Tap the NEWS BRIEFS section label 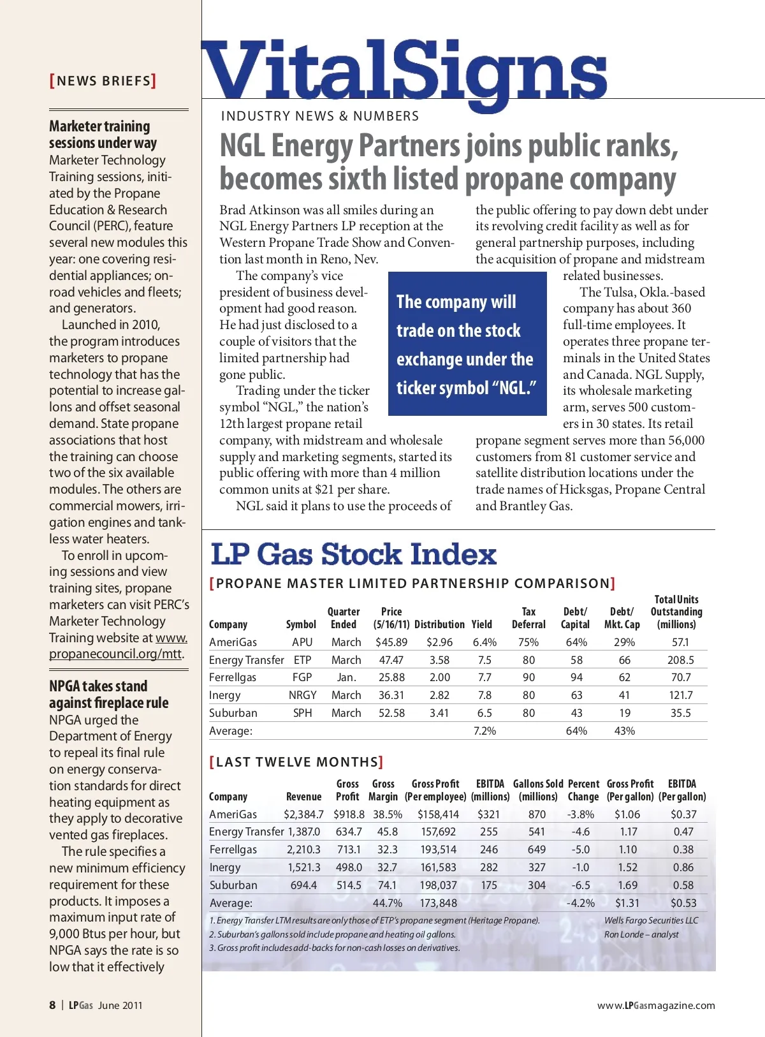point(103,81)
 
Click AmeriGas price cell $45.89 point(391,642)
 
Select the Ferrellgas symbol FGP point(302,677)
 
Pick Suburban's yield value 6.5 point(484,713)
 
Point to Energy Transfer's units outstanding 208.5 point(680,660)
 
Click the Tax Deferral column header point(528,618)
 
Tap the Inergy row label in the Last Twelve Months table point(225,867)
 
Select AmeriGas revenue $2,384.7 point(303,814)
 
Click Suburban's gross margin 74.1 point(387,885)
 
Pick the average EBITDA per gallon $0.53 point(683,903)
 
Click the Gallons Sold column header point(538,790)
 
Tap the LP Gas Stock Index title point(353,554)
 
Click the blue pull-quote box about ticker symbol point(467,344)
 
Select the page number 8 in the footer point(52,1005)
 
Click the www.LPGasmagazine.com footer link point(656,1006)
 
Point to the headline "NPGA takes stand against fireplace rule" point(108,695)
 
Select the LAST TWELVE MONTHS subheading point(296,762)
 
